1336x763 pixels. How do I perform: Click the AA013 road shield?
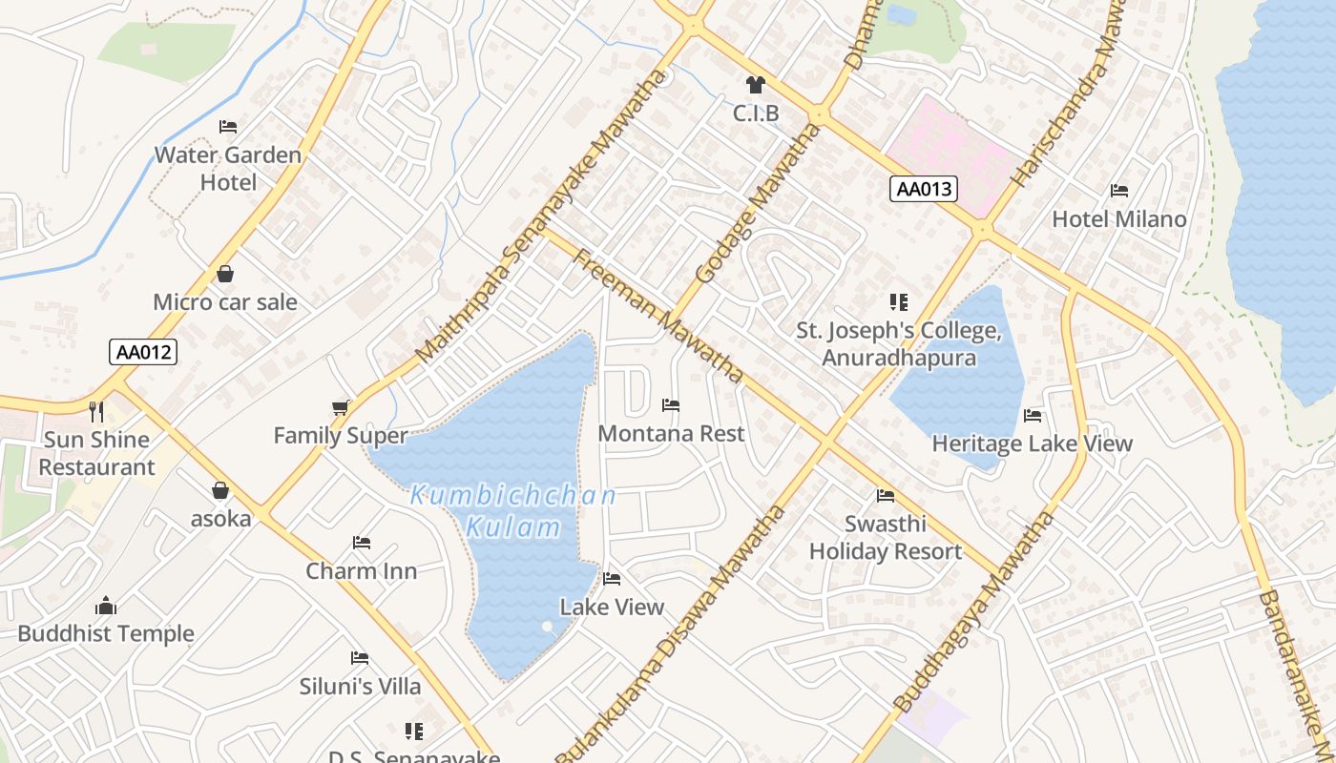click(x=925, y=189)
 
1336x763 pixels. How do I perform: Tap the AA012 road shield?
click(x=142, y=352)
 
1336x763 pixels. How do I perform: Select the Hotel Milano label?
click(x=1118, y=219)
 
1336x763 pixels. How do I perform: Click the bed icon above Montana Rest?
click(x=671, y=405)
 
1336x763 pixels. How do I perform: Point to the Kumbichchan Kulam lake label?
click(x=512, y=511)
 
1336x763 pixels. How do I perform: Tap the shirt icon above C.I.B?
click(x=756, y=85)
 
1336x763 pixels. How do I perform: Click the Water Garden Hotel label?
click(x=228, y=168)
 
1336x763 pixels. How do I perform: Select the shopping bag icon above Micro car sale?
click(x=225, y=275)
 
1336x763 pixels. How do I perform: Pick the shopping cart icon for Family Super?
click(x=341, y=408)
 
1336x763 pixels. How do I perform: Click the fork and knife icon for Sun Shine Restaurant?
click(x=96, y=412)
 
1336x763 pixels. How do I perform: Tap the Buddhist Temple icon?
click(x=106, y=606)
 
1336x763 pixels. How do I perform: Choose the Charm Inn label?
click(x=361, y=571)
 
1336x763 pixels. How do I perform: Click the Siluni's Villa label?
click(x=360, y=687)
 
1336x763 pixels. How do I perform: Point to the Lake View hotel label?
click(x=612, y=608)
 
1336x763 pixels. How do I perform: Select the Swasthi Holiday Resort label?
click(x=886, y=538)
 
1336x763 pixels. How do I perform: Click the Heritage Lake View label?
click(x=1032, y=443)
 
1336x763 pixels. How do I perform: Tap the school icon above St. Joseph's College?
click(x=898, y=302)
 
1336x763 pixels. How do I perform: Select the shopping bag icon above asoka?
click(x=220, y=490)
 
